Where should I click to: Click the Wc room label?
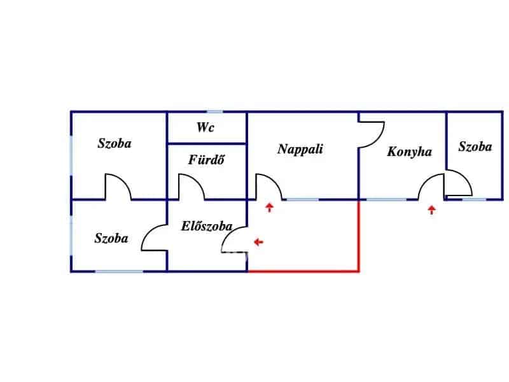[x=206, y=127]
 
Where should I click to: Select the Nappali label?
[x=300, y=149]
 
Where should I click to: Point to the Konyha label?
[x=410, y=152]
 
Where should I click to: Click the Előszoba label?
[x=206, y=226]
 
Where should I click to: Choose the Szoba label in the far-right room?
[x=475, y=146]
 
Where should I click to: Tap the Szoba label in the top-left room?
[x=115, y=143]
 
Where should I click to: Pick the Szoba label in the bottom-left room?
[x=111, y=239]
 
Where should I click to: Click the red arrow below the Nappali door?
[x=270, y=207]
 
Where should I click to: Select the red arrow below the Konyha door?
[x=432, y=209]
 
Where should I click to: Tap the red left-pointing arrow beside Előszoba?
[x=258, y=242]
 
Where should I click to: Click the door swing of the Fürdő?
[x=191, y=187]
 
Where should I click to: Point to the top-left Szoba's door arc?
[x=118, y=187]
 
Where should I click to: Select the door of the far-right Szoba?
[x=458, y=184]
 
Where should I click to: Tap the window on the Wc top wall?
[x=215, y=112]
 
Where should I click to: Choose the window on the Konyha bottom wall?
[x=387, y=199]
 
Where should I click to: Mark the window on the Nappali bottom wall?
[x=302, y=199]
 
